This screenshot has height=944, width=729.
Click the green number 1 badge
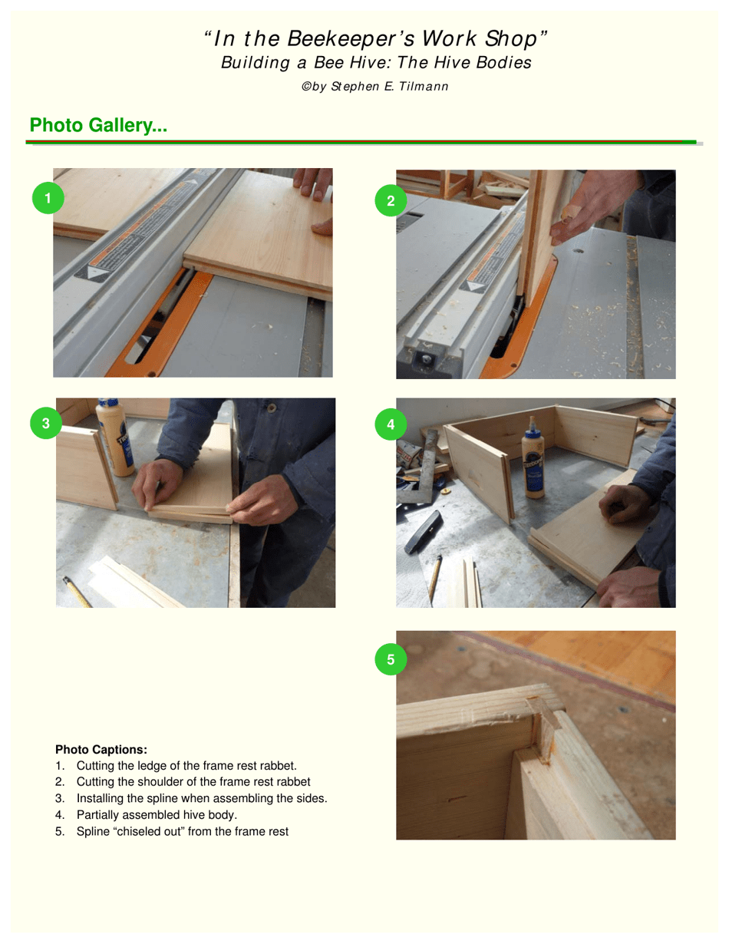pos(48,198)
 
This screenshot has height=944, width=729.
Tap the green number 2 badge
pos(391,201)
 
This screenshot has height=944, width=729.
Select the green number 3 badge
pos(46,423)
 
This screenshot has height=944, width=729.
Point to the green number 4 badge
pos(391,424)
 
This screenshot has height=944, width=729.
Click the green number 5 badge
pos(391,659)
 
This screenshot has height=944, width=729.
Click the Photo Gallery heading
pos(98,125)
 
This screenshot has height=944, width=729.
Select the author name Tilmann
pos(424,87)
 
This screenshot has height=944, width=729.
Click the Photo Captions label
pos(101,749)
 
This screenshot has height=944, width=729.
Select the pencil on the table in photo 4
pos(435,577)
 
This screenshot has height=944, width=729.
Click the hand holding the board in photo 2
pos(591,203)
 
